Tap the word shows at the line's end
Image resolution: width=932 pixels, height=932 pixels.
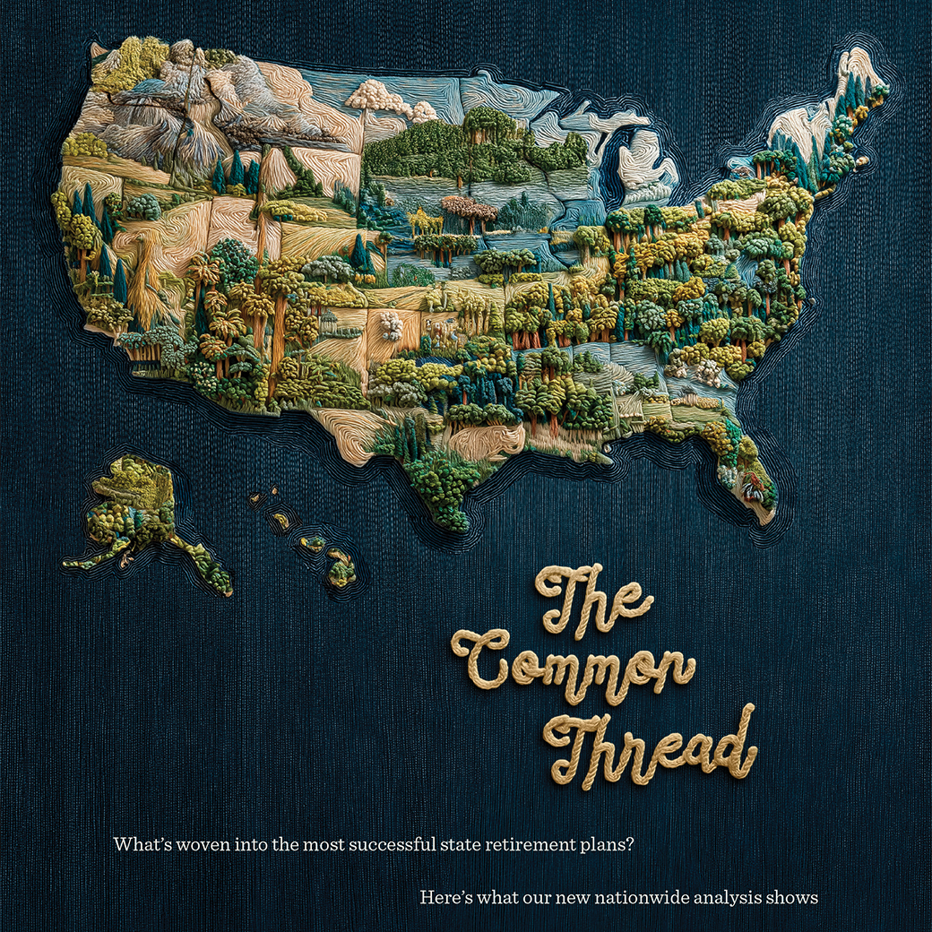tap(794, 897)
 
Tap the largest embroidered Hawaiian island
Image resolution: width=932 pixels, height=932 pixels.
tap(341, 568)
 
